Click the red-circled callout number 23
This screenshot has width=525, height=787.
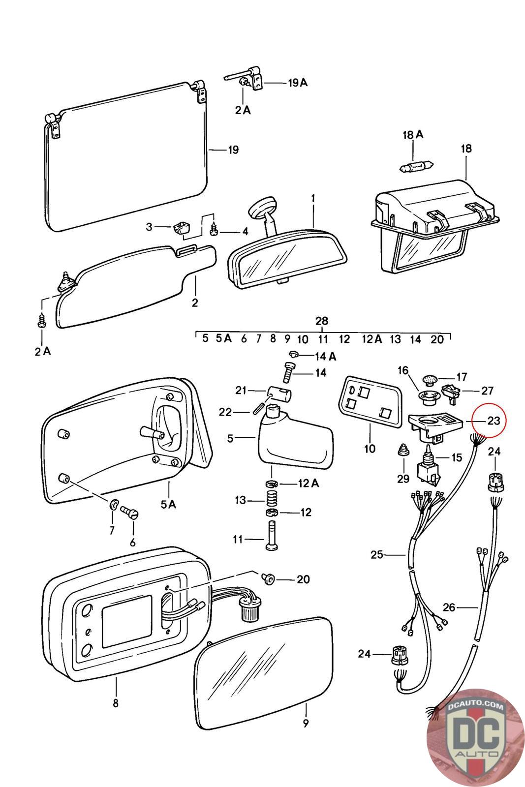click(494, 420)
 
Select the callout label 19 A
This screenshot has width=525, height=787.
click(298, 83)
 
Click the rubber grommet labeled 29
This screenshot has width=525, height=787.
click(403, 450)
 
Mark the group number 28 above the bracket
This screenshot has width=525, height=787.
click(321, 321)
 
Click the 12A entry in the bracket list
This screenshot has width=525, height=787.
click(372, 339)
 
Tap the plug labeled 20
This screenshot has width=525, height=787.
click(269, 577)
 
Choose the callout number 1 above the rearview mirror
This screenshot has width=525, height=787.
click(313, 199)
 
